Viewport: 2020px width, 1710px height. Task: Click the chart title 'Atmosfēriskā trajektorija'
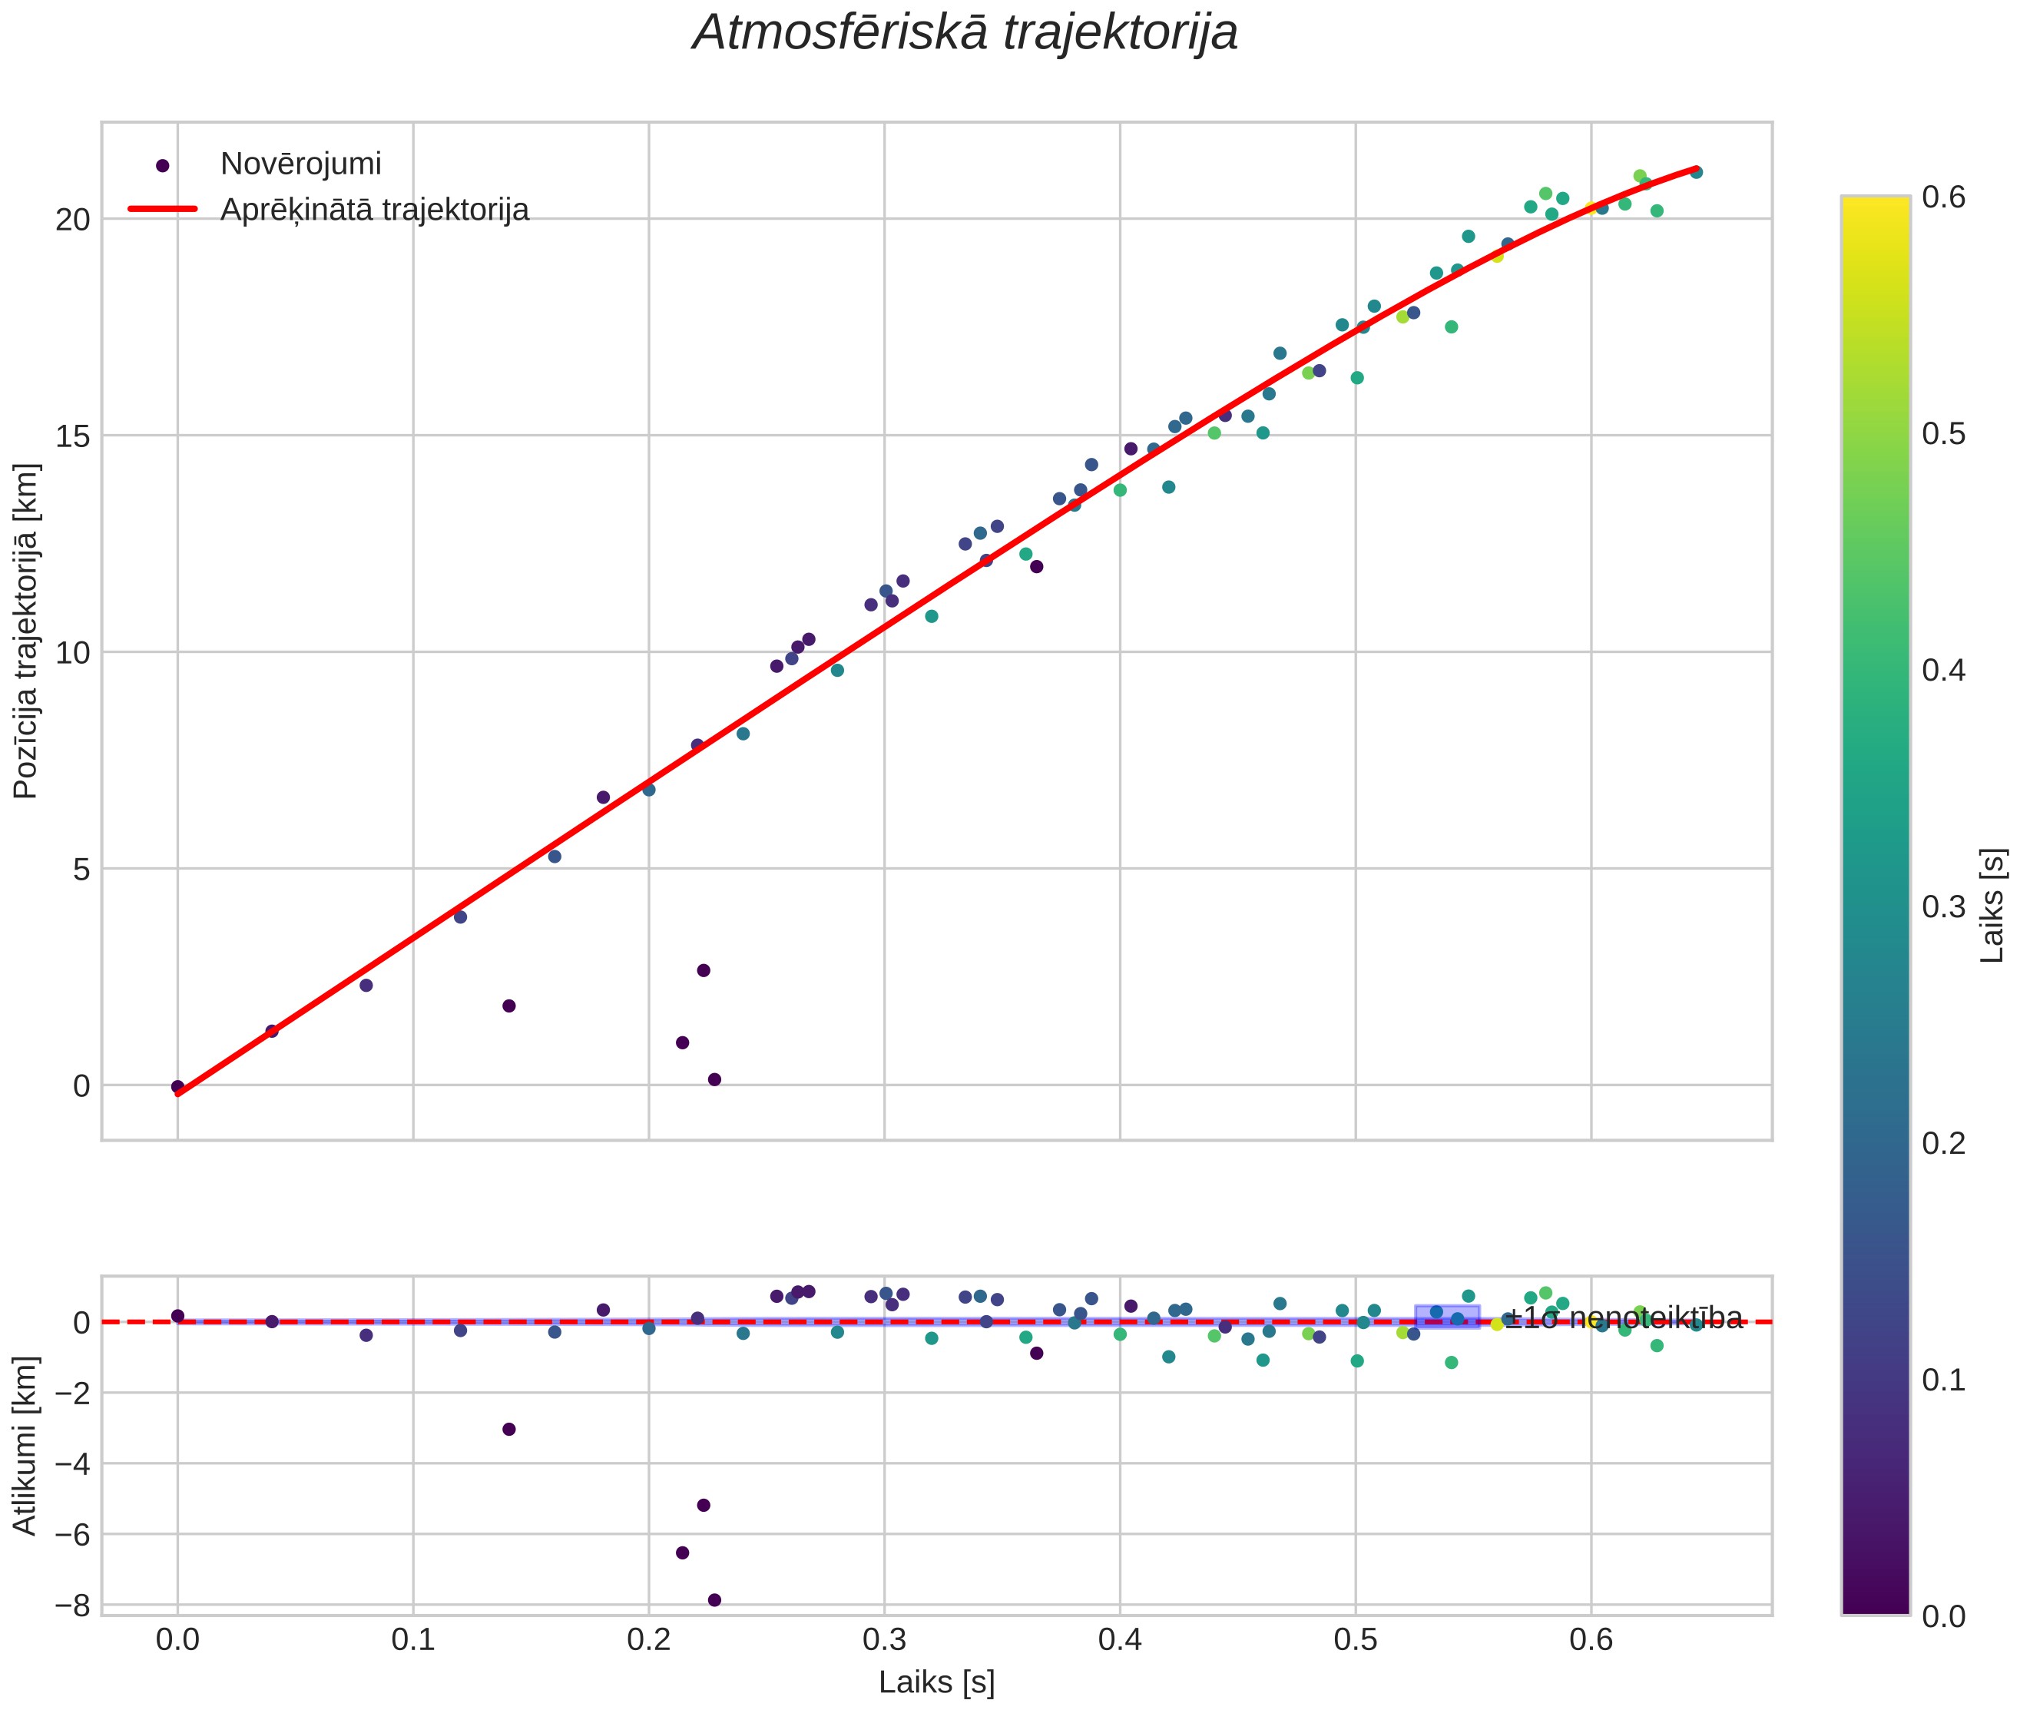965,33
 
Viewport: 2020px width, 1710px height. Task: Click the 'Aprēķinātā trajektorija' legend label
374,210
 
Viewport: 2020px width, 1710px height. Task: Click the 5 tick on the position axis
81,869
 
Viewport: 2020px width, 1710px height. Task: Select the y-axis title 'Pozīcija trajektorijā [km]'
26,631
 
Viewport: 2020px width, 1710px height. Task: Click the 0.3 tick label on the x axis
884,1640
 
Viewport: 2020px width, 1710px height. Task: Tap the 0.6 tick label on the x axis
1591,1640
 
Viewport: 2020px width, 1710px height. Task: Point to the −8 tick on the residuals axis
71,1607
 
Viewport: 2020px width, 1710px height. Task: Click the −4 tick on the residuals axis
71,1463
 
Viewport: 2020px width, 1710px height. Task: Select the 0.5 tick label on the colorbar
1943,433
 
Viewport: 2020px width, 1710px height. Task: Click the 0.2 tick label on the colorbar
1943,1144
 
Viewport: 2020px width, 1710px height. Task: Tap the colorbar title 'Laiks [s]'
1992,906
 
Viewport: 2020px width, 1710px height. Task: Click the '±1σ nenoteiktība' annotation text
1624,1318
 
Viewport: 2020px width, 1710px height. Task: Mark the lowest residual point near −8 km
714,1600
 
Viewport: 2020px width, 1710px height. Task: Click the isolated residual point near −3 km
509,1429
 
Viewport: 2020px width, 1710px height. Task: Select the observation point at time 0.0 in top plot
177,1087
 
